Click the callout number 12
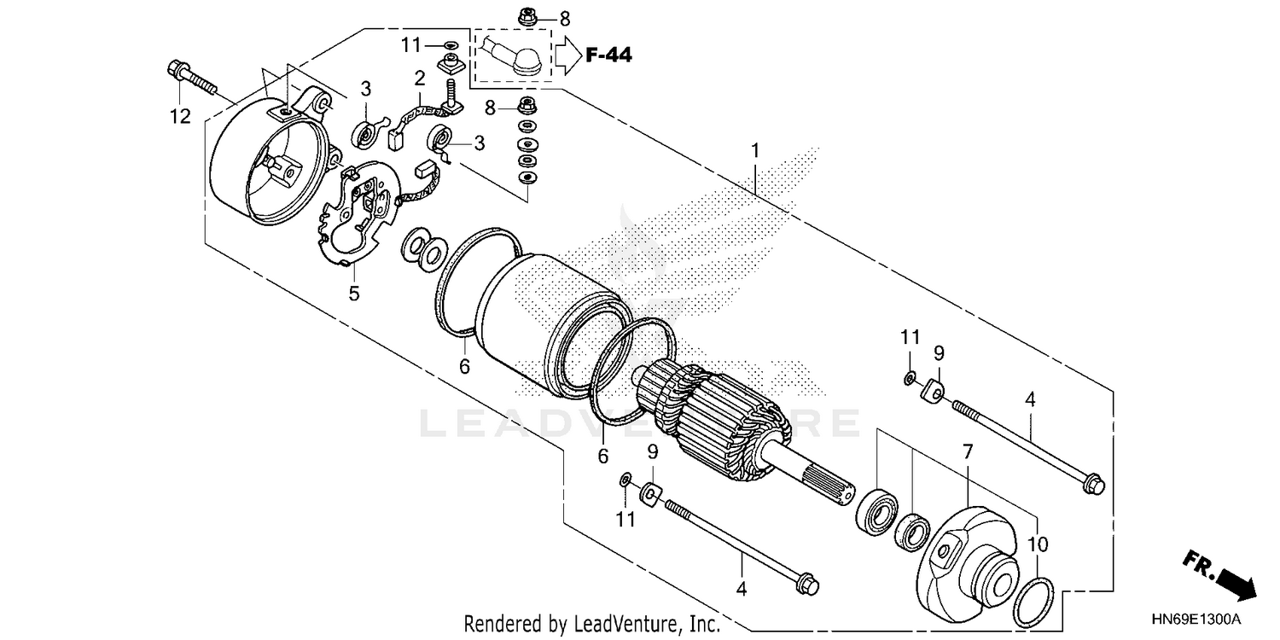coord(180,117)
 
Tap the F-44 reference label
coord(608,56)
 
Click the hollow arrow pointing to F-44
coord(567,55)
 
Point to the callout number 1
coord(754,151)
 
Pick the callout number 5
coord(354,294)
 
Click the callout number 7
coord(968,452)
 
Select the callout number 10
coord(1038,544)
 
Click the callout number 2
coord(419,79)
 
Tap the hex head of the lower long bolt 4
coord(806,586)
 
